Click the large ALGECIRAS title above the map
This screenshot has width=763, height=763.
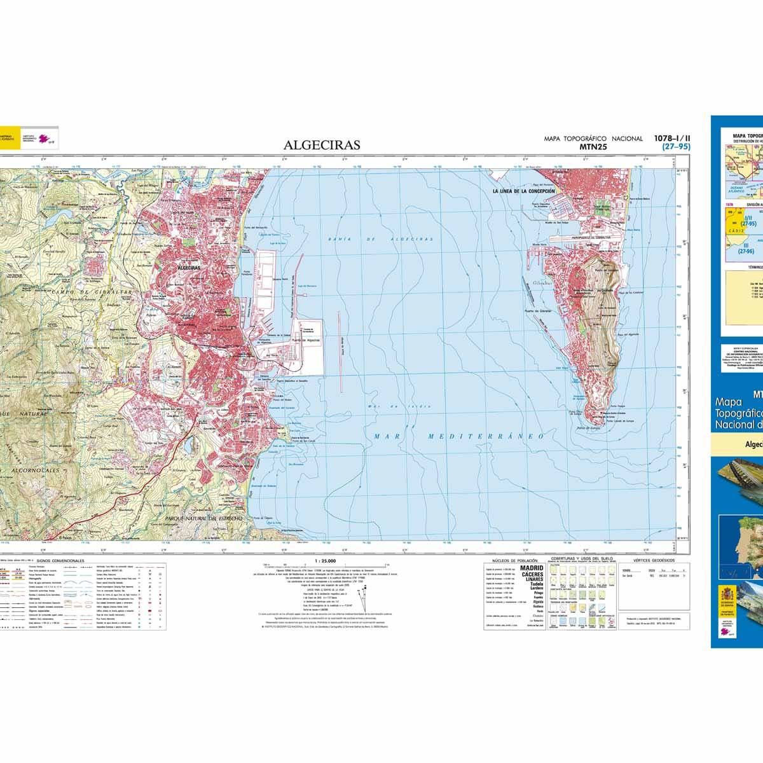322,145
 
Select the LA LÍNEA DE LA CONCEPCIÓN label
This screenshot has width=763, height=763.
523,191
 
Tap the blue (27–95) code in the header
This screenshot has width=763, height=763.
676,147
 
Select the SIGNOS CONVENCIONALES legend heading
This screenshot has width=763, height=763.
61,561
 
